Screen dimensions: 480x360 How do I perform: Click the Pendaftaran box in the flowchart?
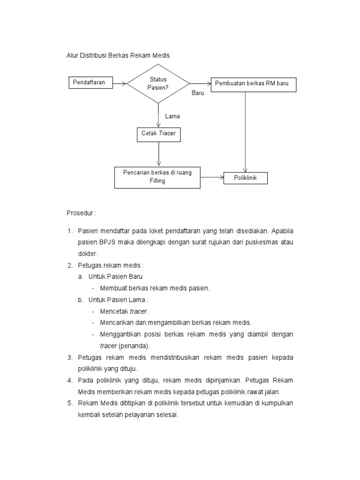92,83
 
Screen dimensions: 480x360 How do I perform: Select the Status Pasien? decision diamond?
158,83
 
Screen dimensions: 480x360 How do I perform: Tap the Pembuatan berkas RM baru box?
253,84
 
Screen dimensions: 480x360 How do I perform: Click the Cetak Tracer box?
158,134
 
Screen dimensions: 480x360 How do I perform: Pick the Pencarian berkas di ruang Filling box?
157,177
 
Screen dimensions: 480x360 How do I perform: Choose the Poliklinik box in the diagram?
246,178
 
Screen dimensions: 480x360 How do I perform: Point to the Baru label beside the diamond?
198,93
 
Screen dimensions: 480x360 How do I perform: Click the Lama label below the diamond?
172,116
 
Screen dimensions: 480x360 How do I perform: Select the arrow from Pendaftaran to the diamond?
120,84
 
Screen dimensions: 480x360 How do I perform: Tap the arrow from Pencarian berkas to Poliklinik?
211,178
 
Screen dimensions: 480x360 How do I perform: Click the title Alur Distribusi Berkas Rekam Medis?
117,55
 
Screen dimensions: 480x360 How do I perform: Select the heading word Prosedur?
81,212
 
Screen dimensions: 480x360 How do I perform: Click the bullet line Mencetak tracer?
124,311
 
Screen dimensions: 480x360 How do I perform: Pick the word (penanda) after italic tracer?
134,345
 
